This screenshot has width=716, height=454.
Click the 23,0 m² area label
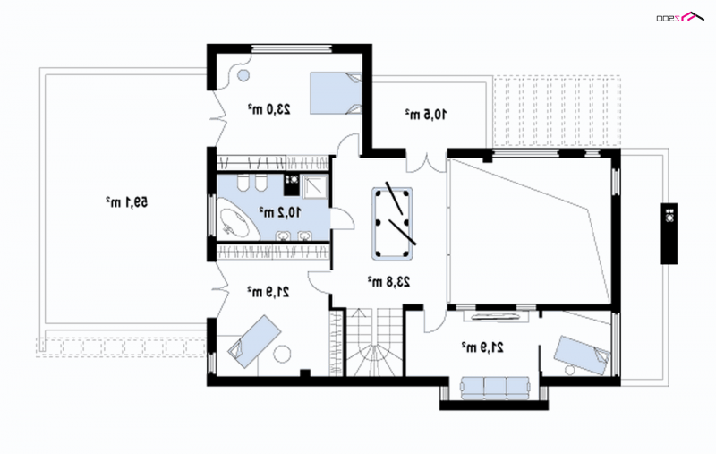click(x=269, y=109)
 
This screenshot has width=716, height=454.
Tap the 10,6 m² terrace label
click(x=426, y=115)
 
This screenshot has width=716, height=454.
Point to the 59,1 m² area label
click(x=127, y=201)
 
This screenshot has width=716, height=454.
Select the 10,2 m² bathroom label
click(x=280, y=212)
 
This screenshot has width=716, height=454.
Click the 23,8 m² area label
click(x=389, y=282)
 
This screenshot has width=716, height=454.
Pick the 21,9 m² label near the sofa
click(x=482, y=347)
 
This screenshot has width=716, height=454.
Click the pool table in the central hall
click(x=392, y=224)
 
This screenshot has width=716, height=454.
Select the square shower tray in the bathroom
click(x=315, y=187)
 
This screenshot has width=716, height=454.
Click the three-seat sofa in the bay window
click(x=495, y=388)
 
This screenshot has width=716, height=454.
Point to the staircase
click(x=374, y=342)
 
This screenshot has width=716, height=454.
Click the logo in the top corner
click(x=679, y=17)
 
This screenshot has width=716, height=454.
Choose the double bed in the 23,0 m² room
click(x=337, y=93)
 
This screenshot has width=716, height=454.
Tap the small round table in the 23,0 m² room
click(x=243, y=75)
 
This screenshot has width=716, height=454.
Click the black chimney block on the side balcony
click(x=669, y=234)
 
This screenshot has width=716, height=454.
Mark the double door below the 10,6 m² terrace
click(x=427, y=163)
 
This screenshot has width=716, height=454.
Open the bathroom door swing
click(x=342, y=218)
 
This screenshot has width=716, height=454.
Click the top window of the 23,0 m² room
click(x=292, y=47)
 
